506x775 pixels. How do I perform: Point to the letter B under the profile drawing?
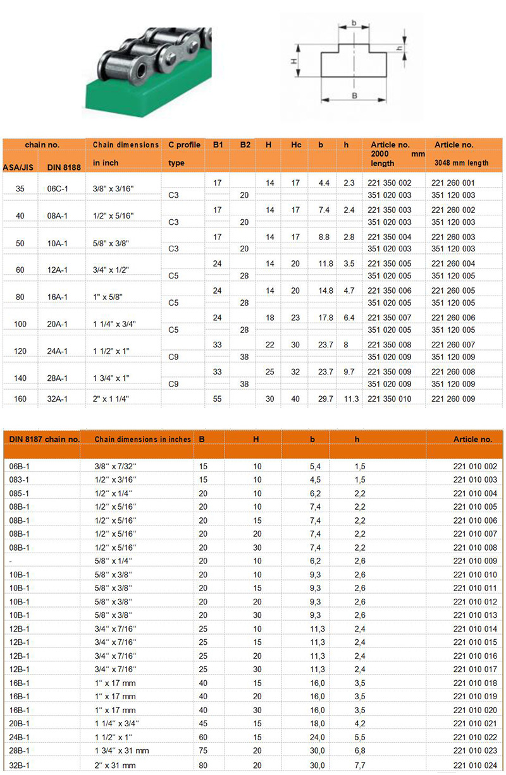(354, 96)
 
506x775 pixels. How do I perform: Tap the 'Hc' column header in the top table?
(295, 145)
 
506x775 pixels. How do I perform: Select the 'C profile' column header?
(184, 145)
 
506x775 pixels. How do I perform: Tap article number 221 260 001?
(452, 183)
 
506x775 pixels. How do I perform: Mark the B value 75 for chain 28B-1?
(203, 752)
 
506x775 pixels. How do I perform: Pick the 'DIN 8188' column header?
(61, 167)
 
